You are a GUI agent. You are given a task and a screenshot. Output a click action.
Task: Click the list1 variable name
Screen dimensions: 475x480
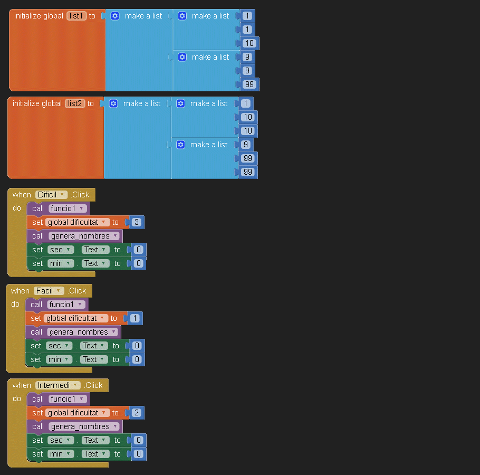click(x=76, y=16)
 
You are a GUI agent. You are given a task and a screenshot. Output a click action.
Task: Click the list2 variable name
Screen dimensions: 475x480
click(x=75, y=103)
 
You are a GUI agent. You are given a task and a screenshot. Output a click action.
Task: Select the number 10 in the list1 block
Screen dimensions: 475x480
click(x=249, y=43)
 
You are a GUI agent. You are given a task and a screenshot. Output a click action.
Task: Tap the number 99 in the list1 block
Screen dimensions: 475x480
click(x=249, y=84)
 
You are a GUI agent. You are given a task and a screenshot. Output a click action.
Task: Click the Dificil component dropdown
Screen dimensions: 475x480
click(x=52, y=195)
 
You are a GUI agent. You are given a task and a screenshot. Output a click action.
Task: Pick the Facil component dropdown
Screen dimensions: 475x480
click(x=49, y=291)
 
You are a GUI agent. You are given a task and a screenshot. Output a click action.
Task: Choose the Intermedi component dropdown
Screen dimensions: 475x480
click(x=58, y=385)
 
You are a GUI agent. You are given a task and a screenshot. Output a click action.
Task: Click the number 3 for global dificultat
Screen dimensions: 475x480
click(x=137, y=222)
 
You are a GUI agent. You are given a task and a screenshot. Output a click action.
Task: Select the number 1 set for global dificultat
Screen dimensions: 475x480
click(x=135, y=318)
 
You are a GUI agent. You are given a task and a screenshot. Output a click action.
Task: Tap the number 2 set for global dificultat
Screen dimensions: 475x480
click(x=137, y=413)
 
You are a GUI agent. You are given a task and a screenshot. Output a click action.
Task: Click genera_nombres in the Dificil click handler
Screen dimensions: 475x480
click(x=83, y=236)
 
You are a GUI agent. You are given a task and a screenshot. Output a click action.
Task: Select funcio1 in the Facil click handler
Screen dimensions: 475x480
click(x=66, y=305)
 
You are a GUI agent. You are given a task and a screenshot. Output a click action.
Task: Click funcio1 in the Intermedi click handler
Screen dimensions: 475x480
click(x=68, y=399)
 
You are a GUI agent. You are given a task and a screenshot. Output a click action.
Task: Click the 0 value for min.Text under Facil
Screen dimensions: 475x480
click(x=137, y=359)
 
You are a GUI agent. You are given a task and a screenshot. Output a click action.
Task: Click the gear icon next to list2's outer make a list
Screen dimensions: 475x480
click(x=113, y=103)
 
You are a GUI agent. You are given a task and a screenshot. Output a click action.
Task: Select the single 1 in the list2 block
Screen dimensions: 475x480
click(x=246, y=103)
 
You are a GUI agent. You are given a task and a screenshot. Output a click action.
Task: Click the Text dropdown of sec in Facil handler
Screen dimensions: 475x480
click(x=93, y=346)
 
